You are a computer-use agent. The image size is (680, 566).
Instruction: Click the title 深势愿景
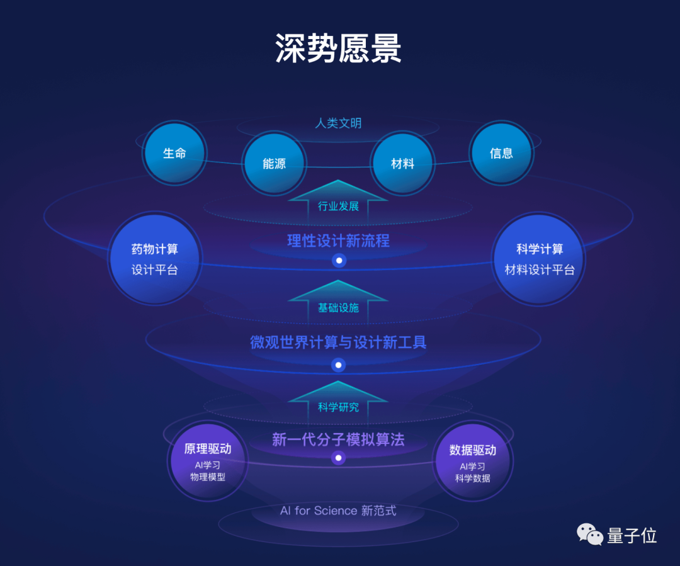pyautogui.click(x=338, y=48)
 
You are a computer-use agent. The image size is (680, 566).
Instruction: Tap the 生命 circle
pyautogui.click(x=174, y=153)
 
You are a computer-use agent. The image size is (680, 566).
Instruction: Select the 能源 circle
pyautogui.click(x=274, y=164)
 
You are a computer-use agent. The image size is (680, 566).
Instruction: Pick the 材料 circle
pyautogui.click(x=402, y=164)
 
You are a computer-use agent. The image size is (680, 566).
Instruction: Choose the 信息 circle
pyautogui.click(x=501, y=153)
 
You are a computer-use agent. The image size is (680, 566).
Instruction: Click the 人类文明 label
pyautogui.click(x=338, y=123)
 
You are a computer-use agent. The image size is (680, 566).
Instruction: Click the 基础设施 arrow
pyautogui.click(x=338, y=303)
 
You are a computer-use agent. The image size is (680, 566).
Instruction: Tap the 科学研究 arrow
pyautogui.click(x=338, y=403)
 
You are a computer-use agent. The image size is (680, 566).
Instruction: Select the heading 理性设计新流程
pyautogui.click(x=338, y=241)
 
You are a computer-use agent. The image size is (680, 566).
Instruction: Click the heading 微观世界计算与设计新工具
pyautogui.click(x=338, y=342)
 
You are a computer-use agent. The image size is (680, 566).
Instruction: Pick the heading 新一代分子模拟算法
pyautogui.click(x=338, y=439)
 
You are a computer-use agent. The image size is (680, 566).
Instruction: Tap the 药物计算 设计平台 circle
pyautogui.click(x=155, y=259)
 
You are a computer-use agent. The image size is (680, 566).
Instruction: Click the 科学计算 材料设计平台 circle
pyautogui.click(x=540, y=259)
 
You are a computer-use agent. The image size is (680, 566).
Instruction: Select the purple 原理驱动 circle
pyautogui.click(x=208, y=461)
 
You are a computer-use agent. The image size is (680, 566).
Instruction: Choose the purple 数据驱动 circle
pyautogui.click(x=472, y=461)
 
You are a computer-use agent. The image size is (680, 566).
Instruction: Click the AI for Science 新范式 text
pyautogui.click(x=338, y=511)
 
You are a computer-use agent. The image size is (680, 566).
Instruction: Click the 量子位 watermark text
pyautogui.click(x=632, y=536)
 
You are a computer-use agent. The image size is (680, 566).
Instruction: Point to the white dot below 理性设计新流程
pyautogui.click(x=339, y=260)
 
